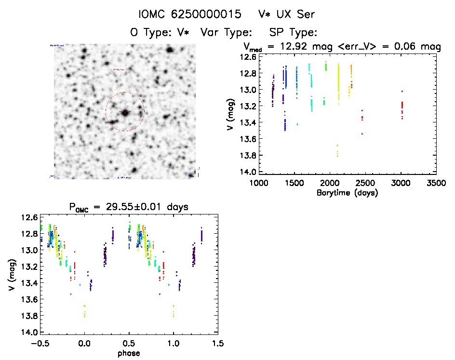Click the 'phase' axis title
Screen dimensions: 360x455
[x=129, y=353]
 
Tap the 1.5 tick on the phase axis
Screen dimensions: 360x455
[x=217, y=344]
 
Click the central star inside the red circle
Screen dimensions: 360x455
[x=125, y=112]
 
